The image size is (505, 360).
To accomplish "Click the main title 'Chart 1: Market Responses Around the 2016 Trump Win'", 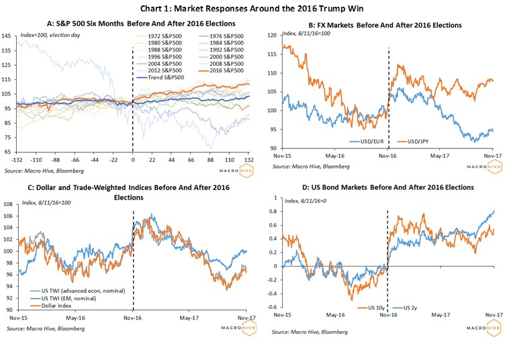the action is coord(252,8).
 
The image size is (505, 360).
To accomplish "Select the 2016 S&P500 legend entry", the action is coord(222,71).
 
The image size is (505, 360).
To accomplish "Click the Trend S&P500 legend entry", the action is coord(160,77).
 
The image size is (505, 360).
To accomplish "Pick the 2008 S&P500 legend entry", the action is coord(222,64).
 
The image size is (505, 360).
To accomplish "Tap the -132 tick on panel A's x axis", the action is coord(16,160).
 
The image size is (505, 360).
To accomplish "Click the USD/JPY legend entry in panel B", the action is coord(413,141).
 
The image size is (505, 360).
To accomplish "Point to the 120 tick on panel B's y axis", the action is coord(272,36).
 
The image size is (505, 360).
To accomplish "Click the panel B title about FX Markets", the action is coord(385,25).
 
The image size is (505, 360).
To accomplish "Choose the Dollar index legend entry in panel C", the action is coord(51,306).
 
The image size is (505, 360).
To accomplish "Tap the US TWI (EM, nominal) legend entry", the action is coord(63,298).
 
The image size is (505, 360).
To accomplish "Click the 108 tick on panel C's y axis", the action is coord(8,204).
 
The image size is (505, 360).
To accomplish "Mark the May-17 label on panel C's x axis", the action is coord(189,318).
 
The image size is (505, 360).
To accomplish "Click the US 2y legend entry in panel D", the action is coord(406,308).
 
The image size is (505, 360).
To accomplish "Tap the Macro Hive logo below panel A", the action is coord(236,171).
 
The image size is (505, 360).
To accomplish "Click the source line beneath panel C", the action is coord(46,328).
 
